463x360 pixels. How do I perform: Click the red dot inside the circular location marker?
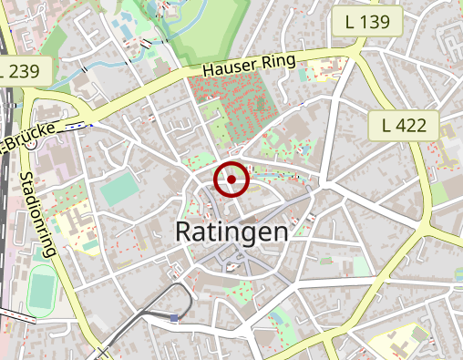click(x=231, y=180)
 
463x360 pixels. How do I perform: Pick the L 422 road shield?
click(x=405, y=125)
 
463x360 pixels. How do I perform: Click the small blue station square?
click(x=173, y=317)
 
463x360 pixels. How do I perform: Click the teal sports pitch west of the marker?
click(x=116, y=190)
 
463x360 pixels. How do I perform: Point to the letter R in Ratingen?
click(x=184, y=231)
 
